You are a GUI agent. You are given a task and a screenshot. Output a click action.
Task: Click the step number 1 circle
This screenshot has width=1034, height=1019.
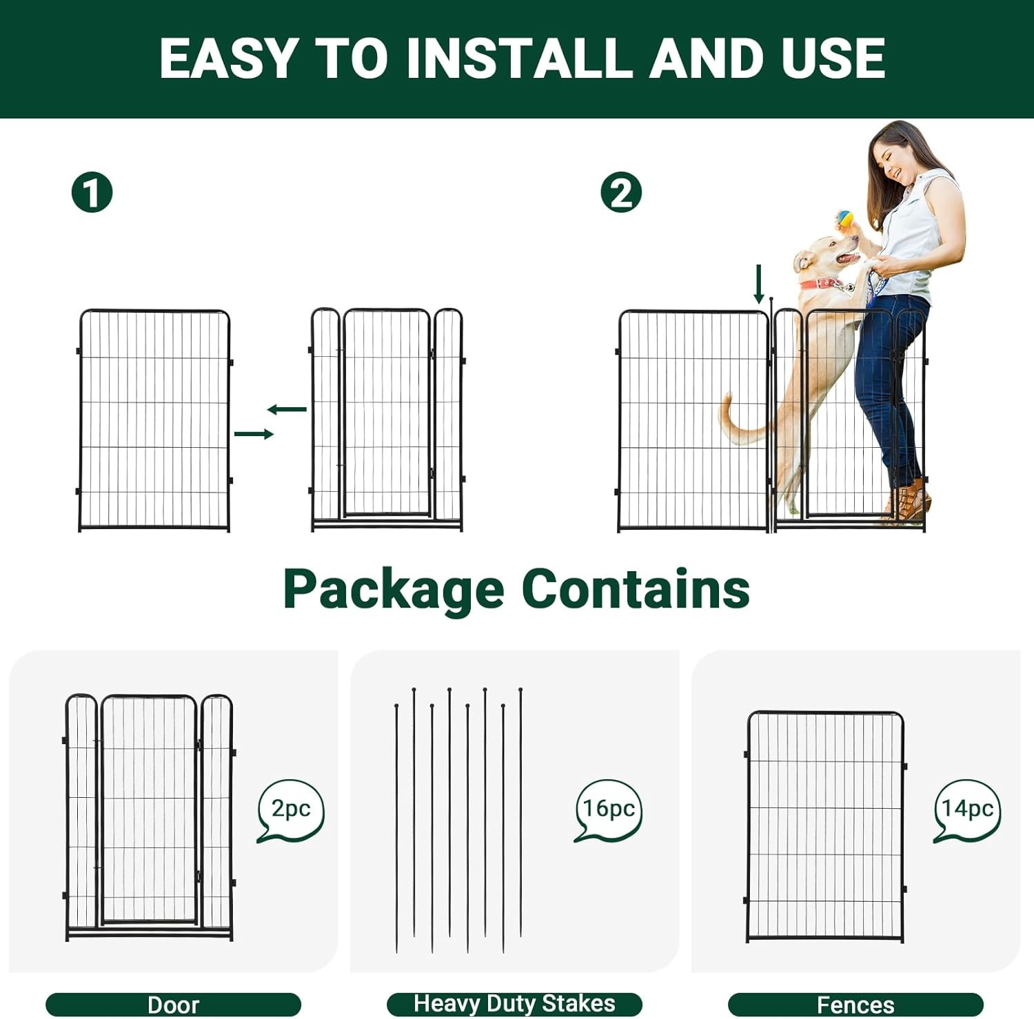[92, 192]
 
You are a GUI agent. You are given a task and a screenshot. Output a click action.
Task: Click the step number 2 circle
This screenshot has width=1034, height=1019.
[620, 192]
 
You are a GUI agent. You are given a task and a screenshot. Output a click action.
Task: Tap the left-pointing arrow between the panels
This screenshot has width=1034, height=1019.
[287, 410]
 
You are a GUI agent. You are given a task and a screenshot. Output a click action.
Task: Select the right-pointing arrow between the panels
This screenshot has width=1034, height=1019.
[254, 434]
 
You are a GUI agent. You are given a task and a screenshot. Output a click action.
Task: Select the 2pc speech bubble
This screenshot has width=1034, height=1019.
[290, 809]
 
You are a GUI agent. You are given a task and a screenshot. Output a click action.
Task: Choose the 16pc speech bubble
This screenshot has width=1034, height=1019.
[608, 809]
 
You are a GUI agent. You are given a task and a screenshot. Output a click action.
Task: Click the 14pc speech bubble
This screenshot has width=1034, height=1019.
[967, 809]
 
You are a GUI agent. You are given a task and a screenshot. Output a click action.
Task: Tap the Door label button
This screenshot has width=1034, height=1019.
[173, 1005]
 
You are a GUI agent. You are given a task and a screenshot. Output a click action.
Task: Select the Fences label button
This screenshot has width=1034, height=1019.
[855, 1005]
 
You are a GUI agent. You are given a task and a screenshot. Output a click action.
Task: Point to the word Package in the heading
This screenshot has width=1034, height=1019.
[394, 590]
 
